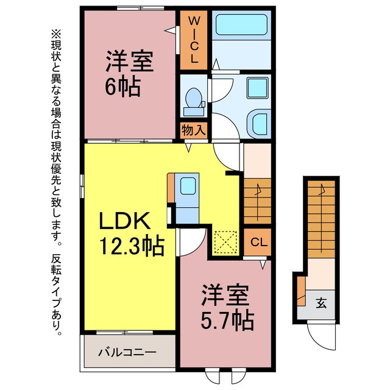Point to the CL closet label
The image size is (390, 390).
click(x=259, y=242)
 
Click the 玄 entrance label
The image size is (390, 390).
click(x=320, y=301)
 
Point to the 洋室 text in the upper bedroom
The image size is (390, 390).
click(x=129, y=62)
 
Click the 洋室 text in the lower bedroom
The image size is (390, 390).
click(x=225, y=294)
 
